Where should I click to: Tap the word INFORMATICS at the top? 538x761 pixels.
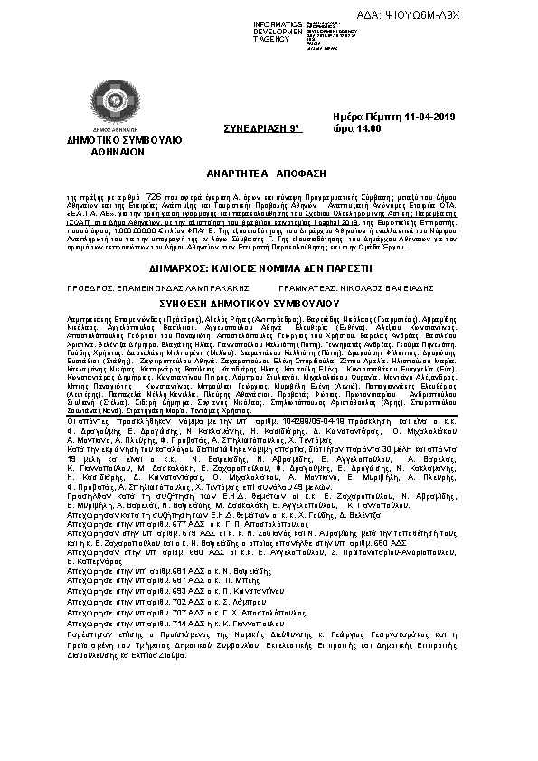[277, 22]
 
